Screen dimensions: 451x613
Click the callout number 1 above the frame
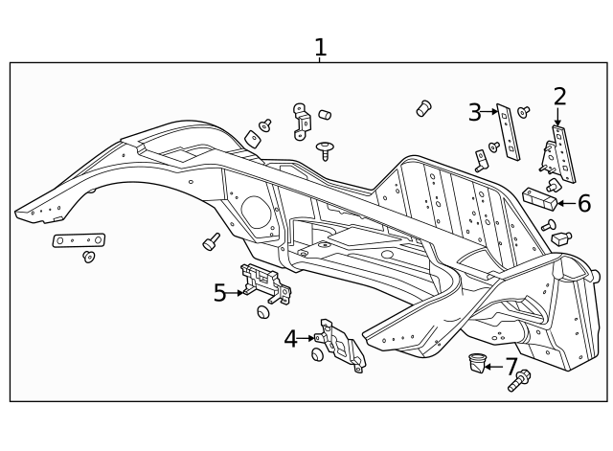coord(320,47)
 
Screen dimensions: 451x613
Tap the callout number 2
coord(559,96)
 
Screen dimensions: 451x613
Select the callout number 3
coord(475,113)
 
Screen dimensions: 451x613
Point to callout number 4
coord(291,338)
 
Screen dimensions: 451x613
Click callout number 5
coord(220,293)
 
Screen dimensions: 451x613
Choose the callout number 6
coord(583,203)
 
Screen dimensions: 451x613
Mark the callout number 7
coord(511,366)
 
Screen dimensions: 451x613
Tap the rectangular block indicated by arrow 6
coord(539,199)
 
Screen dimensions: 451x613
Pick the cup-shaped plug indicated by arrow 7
coord(476,362)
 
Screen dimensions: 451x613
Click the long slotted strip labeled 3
coord(507,132)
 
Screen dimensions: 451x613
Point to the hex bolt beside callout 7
coord(518,381)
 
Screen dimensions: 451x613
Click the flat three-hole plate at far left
coord(79,239)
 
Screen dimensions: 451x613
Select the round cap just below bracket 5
coord(263,312)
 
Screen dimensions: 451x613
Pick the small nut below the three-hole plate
coord(89,257)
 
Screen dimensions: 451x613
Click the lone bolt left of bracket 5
coord(211,241)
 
